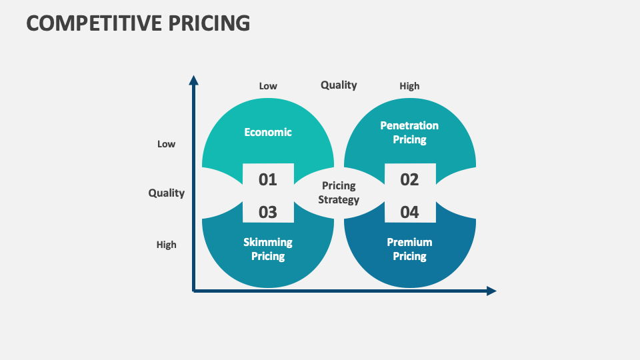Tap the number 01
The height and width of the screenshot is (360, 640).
point(267,179)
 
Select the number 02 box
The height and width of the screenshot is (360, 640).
point(409,179)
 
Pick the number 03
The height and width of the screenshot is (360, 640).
point(267,212)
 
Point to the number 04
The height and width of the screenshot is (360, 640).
point(409,212)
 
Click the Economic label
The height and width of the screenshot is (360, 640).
point(268,132)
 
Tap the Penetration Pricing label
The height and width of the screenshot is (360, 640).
point(409,132)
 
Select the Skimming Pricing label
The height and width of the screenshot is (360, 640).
point(268,249)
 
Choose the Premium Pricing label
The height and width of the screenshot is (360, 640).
point(409,249)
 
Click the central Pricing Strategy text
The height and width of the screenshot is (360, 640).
point(339,192)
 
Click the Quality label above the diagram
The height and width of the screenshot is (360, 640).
point(339,85)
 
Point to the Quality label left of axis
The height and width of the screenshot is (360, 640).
point(166,193)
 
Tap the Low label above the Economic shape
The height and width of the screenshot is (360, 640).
point(268,86)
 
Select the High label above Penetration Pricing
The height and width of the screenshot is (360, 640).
point(409,86)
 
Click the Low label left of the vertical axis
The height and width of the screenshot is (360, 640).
point(166,144)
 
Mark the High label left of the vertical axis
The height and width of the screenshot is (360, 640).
point(166,245)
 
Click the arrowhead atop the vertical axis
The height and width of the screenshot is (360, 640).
point(194,80)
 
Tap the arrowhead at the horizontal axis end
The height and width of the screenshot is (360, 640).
point(492,291)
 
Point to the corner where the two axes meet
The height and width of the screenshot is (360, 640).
point(194,291)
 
